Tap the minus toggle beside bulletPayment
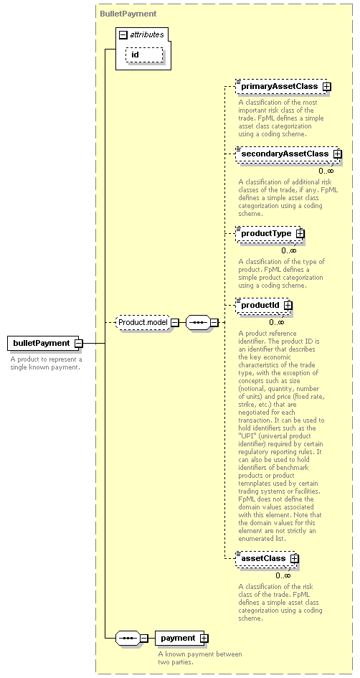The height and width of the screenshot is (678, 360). (79, 344)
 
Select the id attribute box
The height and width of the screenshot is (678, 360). (144, 55)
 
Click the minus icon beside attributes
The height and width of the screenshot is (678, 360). (123, 34)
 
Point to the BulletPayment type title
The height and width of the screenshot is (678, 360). (128, 14)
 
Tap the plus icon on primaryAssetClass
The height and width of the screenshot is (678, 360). (327, 87)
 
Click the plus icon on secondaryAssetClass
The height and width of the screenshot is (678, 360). (338, 154)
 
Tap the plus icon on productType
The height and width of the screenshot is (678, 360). (300, 233)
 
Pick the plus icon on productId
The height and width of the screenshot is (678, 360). (288, 305)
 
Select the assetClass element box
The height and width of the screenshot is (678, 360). (267, 559)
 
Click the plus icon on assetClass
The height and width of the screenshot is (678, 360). (294, 559)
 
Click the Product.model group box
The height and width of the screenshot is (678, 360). (143, 323)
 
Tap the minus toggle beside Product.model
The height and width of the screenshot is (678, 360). (174, 323)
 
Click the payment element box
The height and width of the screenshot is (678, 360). (181, 639)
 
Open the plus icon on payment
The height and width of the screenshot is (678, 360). (204, 639)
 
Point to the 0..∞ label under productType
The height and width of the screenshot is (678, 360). (289, 250)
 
